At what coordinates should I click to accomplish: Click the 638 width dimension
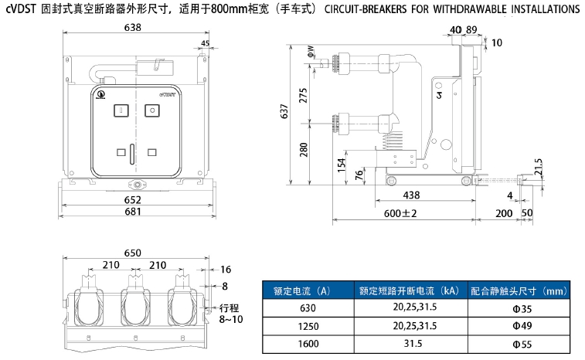133,28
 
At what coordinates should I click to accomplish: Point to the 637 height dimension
284,113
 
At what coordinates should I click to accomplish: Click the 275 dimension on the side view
303,95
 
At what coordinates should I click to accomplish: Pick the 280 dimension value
303,149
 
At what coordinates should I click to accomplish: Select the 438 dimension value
411,195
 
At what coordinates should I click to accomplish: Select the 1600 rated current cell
308,344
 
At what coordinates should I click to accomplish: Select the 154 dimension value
342,165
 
